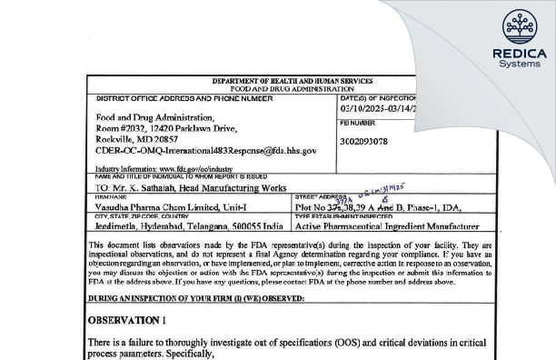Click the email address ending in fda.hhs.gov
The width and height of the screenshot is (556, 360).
[206, 151]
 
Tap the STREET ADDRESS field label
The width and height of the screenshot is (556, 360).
[315, 197]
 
